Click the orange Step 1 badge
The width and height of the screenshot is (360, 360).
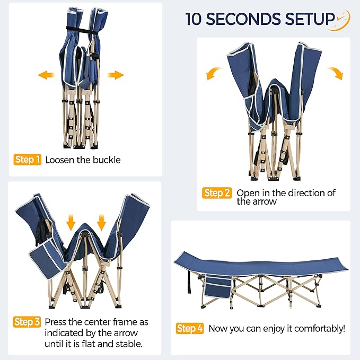tap(28, 160)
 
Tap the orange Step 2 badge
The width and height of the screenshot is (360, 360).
tap(217, 193)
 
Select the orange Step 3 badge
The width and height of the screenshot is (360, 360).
tap(27, 322)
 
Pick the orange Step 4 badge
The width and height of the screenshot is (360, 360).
tap(190, 328)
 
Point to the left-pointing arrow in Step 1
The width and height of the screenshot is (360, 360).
tap(46, 75)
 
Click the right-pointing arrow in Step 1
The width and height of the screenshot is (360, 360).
tap(116, 75)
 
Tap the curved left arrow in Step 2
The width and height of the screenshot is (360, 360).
tap(214, 73)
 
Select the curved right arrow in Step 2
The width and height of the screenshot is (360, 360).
tap(336, 73)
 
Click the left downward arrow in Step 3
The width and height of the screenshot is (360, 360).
tap(71, 222)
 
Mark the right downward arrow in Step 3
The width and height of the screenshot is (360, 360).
tap(101, 222)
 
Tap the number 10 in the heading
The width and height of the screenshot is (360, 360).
tap(194, 19)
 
